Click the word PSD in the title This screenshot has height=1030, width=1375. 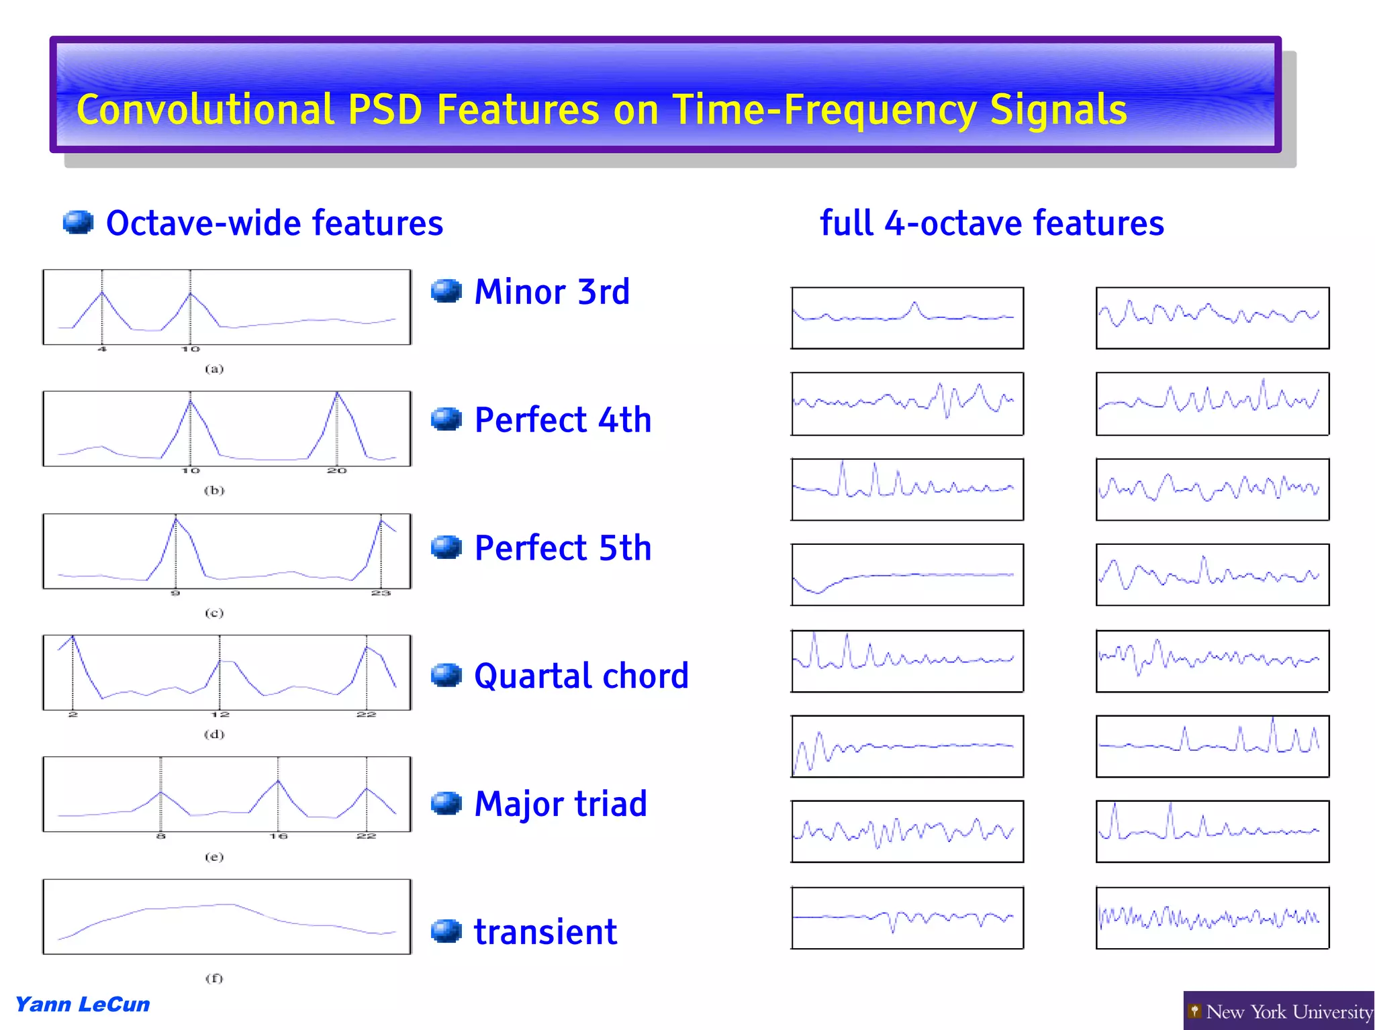pos(385,109)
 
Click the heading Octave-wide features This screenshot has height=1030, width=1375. pos(274,223)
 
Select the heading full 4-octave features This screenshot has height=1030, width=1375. pos(992,223)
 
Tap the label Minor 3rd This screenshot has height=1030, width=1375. pos(552,292)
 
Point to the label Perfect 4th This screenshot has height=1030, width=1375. pos(563,420)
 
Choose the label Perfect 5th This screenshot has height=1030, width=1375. pos(563,548)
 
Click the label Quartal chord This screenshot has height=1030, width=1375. pos(581,676)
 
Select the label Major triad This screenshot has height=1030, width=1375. pos(561,804)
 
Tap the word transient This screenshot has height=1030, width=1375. pos(545,932)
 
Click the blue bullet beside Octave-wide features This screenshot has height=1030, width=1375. pos(78,222)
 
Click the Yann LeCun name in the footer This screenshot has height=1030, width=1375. pos(82,1005)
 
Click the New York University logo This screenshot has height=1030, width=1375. pos(1279,1011)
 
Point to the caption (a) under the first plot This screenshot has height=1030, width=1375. pos(214,369)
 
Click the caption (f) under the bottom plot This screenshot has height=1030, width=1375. pos(214,978)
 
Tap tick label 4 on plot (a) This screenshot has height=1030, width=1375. pos(102,349)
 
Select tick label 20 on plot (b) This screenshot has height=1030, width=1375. pos(336,471)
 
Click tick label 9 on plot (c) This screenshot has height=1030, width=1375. pos(175,593)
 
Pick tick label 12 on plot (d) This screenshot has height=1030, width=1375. pos(220,715)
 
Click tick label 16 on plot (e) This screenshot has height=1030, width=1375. pos(278,836)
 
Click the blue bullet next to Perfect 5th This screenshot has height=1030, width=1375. pos(446,547)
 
